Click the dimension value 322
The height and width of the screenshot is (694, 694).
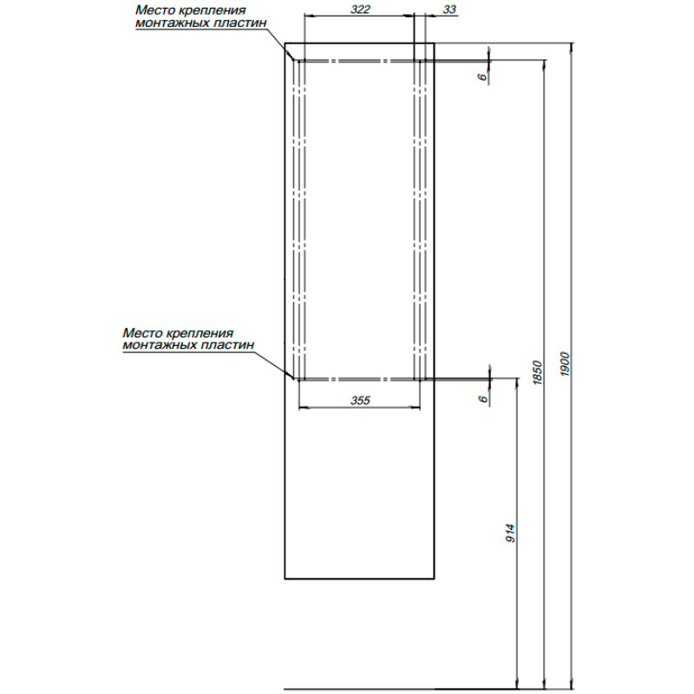[x=360, y=10]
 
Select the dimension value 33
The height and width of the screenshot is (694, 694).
[x=449, y=10]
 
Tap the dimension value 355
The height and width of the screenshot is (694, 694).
[x=360, y=400]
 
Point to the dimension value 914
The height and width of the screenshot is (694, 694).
[x=510, y=534]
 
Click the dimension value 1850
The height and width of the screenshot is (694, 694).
[x=537, y=372]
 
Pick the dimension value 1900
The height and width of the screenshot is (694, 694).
[x=565, y=363]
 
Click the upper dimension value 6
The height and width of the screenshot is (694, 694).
[x=482, y=76]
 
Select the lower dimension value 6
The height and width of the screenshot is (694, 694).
[x=483, y=398]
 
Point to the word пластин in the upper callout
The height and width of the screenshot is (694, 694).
[x=240, y=23]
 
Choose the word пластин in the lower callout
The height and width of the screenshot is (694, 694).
[x=228, y=344]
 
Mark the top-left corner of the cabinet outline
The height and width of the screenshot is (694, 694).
[x=285, y=43]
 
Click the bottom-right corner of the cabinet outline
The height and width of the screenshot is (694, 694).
[x=435, y=579]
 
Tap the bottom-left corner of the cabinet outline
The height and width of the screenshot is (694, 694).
[x=285, y=579]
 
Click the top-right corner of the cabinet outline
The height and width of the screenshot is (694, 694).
[x=435, y=43]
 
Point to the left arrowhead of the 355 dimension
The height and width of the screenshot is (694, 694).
[x=303, y=407]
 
